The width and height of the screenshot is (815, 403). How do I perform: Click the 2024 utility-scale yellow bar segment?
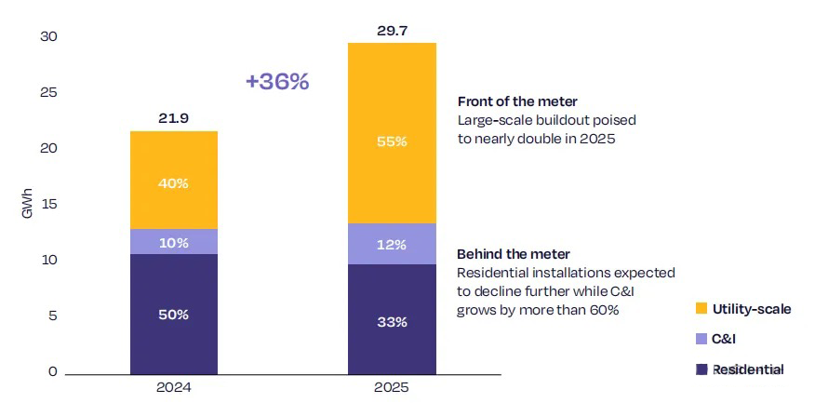point(174,180)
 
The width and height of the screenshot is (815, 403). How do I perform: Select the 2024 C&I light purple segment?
point(174,242)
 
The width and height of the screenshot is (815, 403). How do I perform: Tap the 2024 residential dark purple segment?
point(174,314)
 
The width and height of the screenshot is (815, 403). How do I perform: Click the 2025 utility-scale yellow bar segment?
point(392,133)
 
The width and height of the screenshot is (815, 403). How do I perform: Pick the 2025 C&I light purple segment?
point(392,244)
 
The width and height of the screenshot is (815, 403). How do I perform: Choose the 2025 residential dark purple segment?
point(392,319)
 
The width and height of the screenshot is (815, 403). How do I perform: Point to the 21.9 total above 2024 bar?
point(174,118)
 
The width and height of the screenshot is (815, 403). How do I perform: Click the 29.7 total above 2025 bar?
point(392,30)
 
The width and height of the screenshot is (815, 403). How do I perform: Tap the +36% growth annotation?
point(277,82)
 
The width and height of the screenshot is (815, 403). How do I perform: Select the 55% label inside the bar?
point(392,141)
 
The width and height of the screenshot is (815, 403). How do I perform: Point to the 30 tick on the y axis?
point(48,37)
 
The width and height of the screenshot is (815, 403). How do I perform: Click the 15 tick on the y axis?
point(48,205)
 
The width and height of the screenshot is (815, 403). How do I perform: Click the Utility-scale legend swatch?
point(702,309)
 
